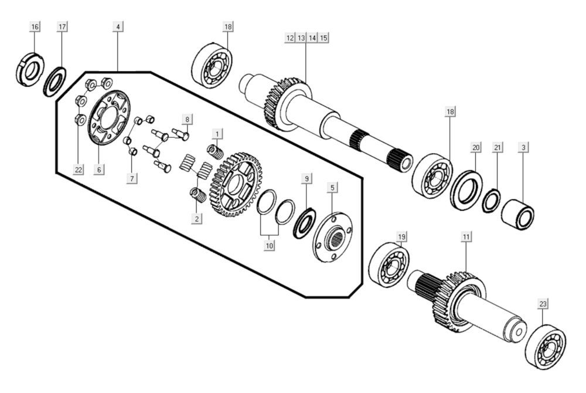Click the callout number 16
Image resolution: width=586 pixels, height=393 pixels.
tap(35, 27)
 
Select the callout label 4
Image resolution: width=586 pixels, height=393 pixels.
tap(118, 27)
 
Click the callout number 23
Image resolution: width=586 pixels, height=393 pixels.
tap(543, 304)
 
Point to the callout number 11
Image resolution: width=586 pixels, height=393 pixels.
tap(466, 237)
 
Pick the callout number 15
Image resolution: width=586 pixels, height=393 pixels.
tap(323, 37)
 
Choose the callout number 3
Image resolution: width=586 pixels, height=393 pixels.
tap(523, 148)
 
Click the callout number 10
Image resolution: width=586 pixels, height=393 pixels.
tap(270, 246)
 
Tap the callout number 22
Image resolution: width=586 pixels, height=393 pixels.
tap(79, 170)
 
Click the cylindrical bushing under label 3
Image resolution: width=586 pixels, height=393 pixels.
tap(517, 216)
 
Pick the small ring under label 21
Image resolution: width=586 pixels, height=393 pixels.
tap(491, 201)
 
